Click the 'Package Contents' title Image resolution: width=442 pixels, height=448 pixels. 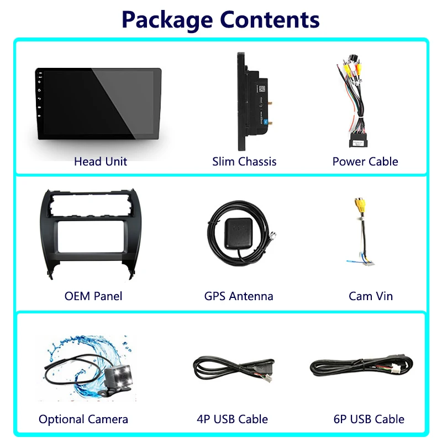[220, 19]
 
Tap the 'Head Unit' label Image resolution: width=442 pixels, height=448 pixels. [100, 162]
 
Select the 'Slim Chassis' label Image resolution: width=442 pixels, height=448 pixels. [244, 162]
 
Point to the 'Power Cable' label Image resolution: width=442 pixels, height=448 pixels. [365, 162]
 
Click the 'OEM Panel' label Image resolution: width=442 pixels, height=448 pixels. [93, 296]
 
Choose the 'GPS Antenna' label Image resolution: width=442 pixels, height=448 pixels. [239, 296]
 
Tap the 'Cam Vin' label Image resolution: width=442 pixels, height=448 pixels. [371, 296]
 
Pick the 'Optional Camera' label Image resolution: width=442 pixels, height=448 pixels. [83, 419]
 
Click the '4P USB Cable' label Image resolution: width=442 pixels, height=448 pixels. [233, 419]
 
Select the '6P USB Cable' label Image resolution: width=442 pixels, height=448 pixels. [369, 419]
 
